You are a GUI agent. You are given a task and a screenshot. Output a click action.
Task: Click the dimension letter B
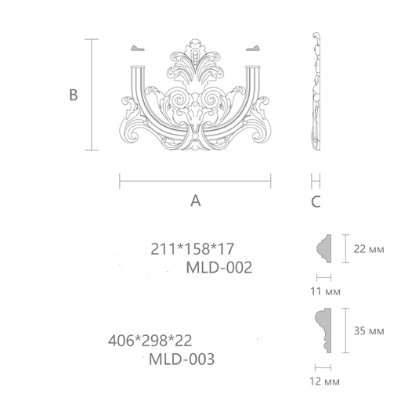[74, 95]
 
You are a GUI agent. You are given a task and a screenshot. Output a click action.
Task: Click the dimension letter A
[196, 201]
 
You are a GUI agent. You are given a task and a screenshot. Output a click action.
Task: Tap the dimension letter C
[316, 201]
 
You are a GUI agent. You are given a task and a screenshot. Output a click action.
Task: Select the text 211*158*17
[193, 249]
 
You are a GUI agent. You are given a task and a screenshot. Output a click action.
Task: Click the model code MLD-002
[219, 268]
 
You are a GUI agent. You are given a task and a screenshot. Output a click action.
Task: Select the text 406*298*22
[150, 341]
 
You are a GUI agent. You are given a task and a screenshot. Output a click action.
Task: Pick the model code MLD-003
[182, 359]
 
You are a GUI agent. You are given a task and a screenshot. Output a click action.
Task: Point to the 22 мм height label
[369, 249]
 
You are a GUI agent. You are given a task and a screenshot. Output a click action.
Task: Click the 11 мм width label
[325, 291]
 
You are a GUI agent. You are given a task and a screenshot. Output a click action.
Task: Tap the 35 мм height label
[369, 331]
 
